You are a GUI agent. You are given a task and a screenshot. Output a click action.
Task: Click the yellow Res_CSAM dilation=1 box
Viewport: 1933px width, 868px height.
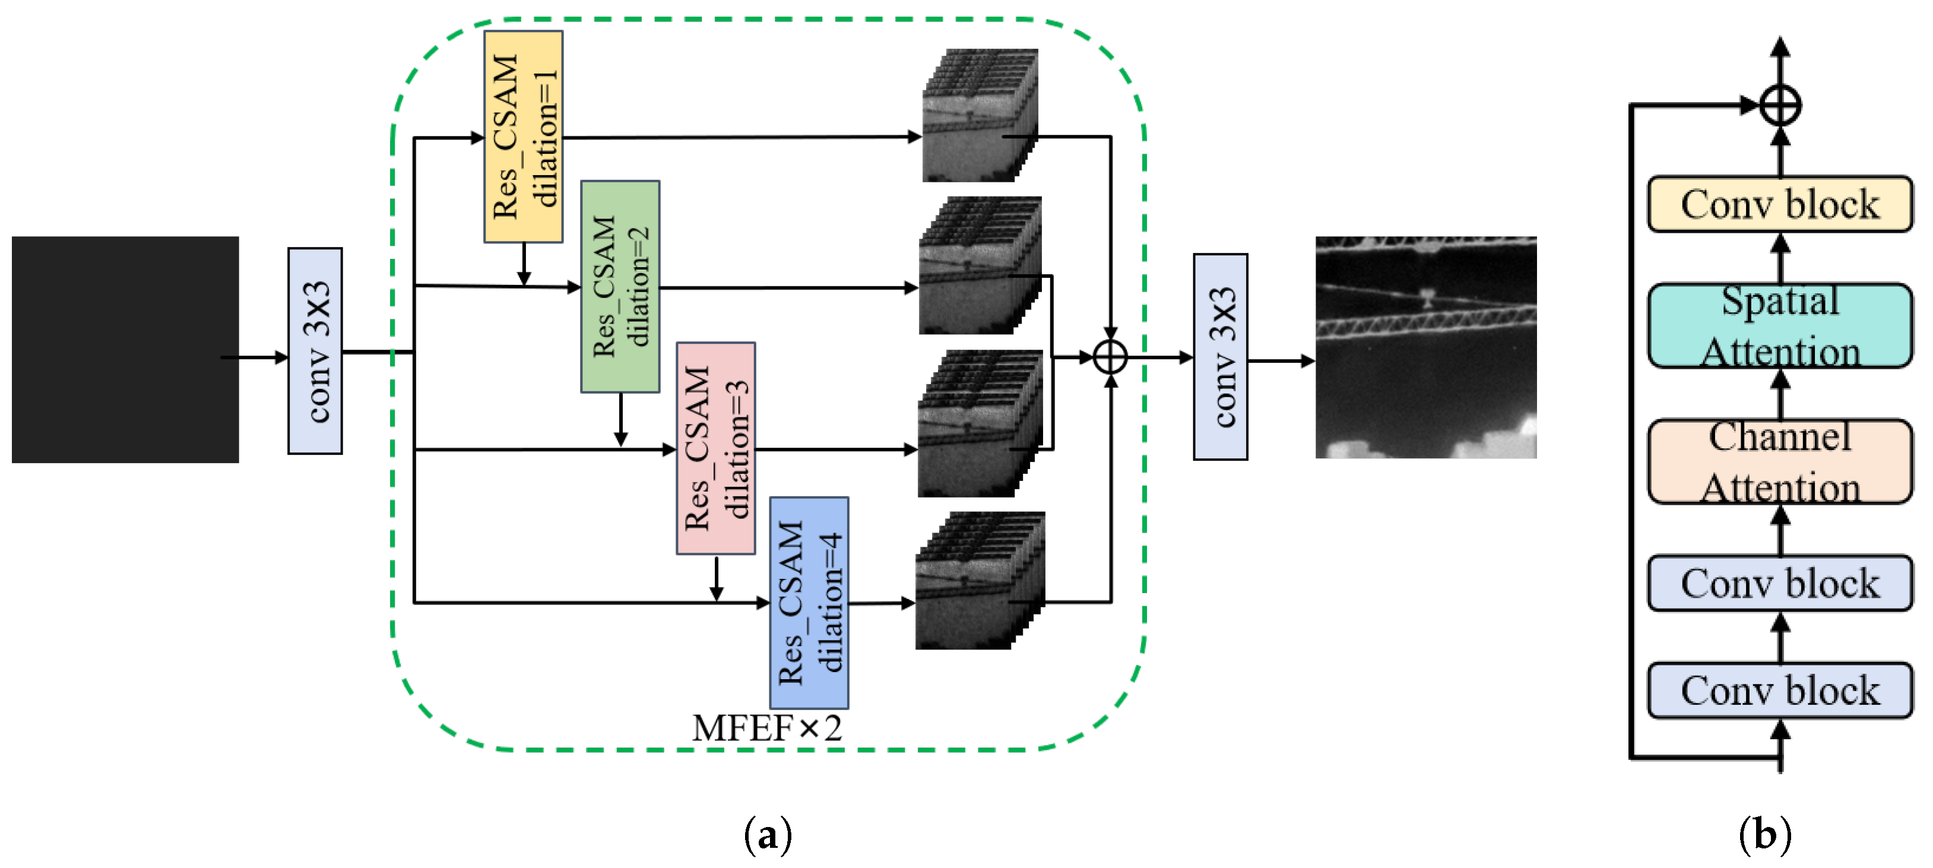click(x=523, y=137)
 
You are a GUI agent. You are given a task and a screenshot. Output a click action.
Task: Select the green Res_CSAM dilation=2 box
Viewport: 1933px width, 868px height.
click(x=620, y=287)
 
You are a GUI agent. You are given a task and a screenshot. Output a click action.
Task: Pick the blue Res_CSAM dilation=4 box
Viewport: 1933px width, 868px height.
click(x=809, y=603)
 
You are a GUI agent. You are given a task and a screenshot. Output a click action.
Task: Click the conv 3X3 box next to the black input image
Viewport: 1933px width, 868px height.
click(x=315, y=351)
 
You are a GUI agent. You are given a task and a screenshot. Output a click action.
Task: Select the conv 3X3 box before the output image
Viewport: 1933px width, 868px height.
click(x=1221, y=357)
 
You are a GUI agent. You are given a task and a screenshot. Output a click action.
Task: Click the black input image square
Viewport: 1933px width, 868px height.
click(x=125, y=350)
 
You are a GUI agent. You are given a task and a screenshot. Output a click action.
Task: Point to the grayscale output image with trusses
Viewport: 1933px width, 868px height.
click(x=1426, y=347)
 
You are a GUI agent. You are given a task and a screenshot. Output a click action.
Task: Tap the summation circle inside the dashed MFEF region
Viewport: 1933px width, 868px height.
click(x=1111, y=357)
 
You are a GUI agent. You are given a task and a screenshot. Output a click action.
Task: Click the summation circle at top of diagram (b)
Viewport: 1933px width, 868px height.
click(x=1780, y=105)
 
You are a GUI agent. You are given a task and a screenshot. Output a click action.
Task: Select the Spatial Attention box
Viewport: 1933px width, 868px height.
click(x=1780, y=325)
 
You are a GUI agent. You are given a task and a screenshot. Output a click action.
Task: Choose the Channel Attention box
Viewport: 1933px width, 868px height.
click(x=1780, y=461)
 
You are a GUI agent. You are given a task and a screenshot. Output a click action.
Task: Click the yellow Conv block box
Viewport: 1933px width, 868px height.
click(x=1780, y=204)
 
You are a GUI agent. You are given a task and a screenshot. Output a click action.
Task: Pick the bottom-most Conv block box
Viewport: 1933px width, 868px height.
click(x=1780, y=690)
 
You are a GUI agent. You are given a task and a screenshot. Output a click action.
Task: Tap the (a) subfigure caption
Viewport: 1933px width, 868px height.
click(x=768, y=834)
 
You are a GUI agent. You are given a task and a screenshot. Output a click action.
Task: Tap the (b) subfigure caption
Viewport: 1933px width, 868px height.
click(x=1765, y=834)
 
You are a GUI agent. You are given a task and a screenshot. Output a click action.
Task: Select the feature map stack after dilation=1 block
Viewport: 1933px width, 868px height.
click(x=980, y=116)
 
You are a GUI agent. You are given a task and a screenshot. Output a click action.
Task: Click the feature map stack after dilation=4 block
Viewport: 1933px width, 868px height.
click(x=980, y=581)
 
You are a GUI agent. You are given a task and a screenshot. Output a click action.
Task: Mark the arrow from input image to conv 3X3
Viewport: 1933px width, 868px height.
click(x=254, y=357)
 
